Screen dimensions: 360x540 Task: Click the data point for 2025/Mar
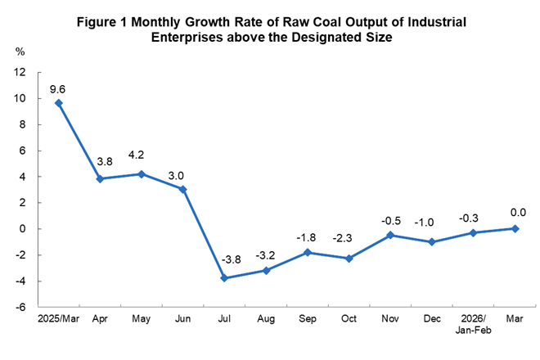coord(58,103)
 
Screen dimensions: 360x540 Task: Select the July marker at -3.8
coord(223,278)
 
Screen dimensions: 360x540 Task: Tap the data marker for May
coord(141,173)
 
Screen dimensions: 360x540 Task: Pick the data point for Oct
coord(349,259)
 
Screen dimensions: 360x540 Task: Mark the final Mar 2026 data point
coord(515,228)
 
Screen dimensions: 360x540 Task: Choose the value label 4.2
coord(141,157)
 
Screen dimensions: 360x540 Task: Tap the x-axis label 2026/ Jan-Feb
coord(474,325)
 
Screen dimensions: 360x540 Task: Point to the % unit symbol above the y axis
coord(20,52)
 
